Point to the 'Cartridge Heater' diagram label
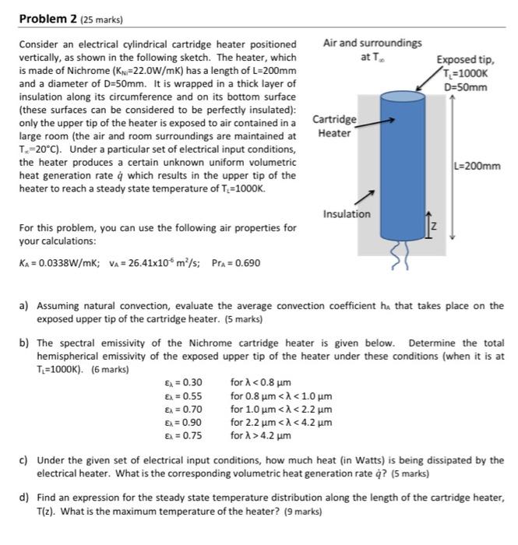[x=335, y=126]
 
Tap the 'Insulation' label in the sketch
[x=346, y=214]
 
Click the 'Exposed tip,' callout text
[x=465, y=59]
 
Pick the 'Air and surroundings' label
[x=372, y=43]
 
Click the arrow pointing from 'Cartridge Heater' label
[x=378, y=121]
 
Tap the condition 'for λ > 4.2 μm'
[x=261, y=435]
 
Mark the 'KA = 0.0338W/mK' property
[x=55, y=262]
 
